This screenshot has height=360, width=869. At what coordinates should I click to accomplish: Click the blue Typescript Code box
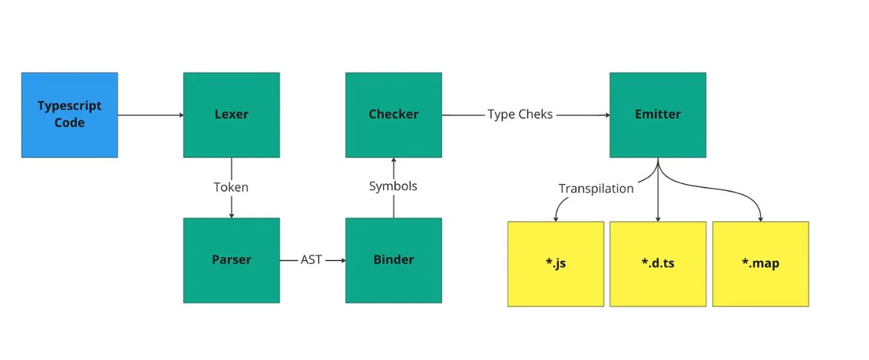[69, 115]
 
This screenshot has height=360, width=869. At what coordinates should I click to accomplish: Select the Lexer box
[231, 115]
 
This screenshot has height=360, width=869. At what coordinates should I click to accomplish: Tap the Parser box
[231, 260]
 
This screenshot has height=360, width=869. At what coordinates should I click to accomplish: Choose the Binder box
[393, 260]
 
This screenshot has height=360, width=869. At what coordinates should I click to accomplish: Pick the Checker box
[393, 115]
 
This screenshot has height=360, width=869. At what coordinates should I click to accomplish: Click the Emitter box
[657, 115]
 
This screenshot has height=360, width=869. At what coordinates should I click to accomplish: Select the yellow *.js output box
[555, 264]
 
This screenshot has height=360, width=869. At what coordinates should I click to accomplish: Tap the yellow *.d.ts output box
[657, 264]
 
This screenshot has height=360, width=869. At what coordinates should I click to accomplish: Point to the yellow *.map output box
[760, 264]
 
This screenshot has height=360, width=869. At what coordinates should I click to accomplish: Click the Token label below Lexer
[231, 187]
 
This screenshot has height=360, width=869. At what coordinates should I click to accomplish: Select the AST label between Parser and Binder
[312, 260]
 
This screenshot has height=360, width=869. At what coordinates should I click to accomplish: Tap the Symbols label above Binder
[393, 186]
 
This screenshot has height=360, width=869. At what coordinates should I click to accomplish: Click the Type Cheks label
[520, 115]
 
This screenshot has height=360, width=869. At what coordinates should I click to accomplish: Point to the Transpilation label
[596, 189]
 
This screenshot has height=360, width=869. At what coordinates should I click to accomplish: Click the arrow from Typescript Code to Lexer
[149, 115]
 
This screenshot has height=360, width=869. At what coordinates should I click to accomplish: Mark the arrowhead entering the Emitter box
[605, 115]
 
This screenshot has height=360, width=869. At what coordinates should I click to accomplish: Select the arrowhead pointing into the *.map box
[760, 218]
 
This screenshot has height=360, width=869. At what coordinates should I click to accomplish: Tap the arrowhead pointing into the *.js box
[555, 218]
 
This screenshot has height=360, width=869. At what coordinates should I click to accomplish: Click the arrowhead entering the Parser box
[231, 215]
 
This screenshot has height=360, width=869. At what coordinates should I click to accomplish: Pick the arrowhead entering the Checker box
[393, 162]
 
